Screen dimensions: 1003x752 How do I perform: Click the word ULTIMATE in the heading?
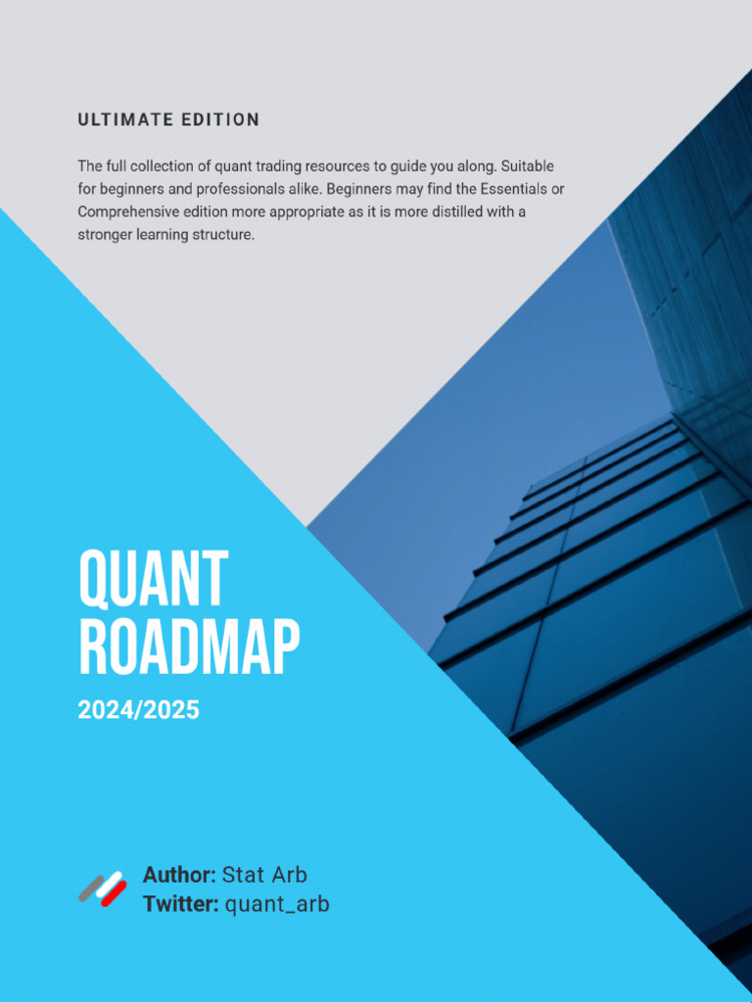pos(124,120)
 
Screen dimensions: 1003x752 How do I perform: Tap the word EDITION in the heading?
pos(220,120)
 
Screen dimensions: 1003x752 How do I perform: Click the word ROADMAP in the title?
pos(189,647)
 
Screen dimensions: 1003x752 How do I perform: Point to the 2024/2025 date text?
pos(139,710)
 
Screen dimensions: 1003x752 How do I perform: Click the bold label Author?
pos(179,875)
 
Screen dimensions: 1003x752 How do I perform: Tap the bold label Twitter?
pos(180,904)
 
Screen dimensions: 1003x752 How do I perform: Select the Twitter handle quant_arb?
pos(277,904)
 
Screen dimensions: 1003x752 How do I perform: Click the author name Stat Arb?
pos(264,875)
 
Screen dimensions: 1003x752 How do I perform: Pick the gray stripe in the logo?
pos(90,886)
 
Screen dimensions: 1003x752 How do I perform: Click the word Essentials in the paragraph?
pos(508,189)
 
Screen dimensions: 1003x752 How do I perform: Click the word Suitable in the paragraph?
pos(529,167)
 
